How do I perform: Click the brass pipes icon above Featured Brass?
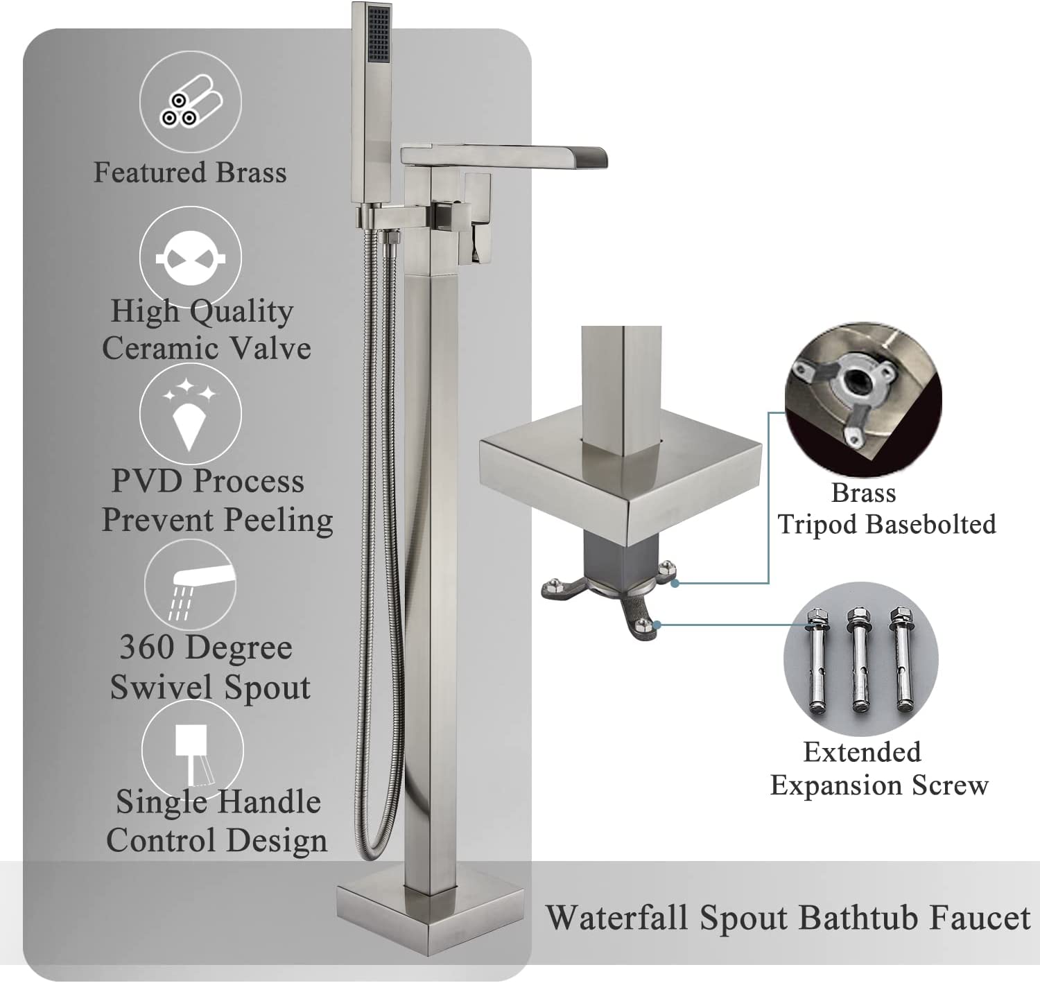191,102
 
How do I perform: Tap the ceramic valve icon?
191,258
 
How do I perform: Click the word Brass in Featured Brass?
251,173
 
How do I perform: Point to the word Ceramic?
161,348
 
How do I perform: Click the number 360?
153,647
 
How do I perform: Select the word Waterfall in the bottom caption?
617,917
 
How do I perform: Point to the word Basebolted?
932,524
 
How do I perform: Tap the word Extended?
863,751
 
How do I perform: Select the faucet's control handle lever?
477,218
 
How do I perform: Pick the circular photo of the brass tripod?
863,399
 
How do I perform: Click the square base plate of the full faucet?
430,912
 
